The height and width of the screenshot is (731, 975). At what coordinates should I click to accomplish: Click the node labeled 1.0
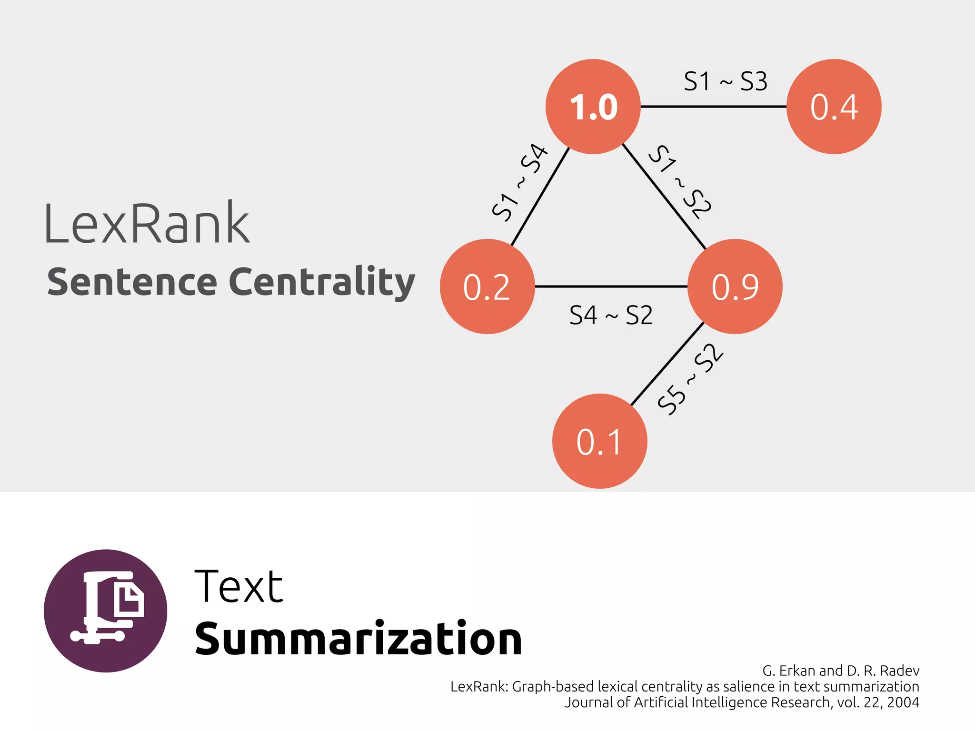593,107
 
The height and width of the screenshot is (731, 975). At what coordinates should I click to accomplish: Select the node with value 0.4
834,107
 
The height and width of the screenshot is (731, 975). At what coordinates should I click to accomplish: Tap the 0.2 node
487,286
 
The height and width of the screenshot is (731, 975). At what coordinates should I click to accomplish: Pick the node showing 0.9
735,286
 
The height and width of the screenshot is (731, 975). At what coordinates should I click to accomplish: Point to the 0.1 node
599,441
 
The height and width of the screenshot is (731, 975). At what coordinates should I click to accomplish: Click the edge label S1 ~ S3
725,81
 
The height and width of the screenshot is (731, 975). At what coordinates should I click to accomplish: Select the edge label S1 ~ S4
519,182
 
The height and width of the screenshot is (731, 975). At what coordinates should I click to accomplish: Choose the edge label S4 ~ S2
611,315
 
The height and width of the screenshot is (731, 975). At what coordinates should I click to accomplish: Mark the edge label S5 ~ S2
690,379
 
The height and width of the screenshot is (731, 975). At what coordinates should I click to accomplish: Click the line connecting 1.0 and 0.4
713,107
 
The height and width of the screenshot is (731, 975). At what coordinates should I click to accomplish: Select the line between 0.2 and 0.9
611,286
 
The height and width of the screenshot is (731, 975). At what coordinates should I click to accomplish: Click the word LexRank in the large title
147,223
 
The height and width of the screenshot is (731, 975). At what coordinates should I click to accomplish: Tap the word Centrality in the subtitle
322,282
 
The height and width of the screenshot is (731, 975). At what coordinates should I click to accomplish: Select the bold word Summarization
358,639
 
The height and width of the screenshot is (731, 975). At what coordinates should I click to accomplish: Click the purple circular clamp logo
106,611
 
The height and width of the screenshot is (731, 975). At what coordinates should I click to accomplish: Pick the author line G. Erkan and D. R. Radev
840,671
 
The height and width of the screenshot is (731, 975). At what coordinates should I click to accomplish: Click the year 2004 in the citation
903,702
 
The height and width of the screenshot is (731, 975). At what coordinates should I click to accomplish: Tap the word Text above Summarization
239,586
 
